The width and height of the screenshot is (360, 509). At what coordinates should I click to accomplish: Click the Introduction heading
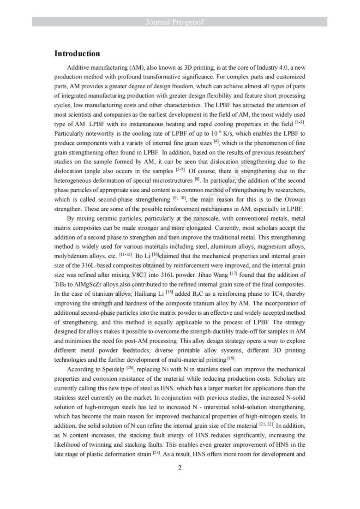(x=77, y=54)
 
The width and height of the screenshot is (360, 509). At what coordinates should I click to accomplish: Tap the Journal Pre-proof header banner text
(x=180, y=22)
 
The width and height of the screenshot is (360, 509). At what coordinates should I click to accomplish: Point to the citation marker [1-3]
(x=300, y=123)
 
